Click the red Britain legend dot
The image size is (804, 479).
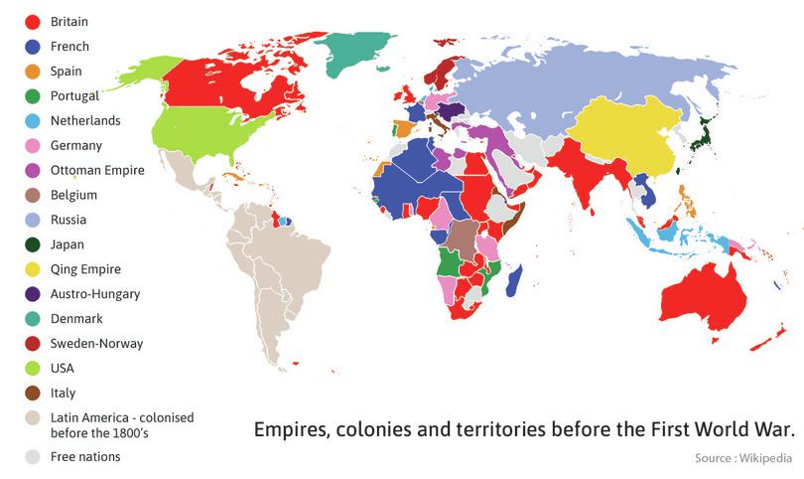pyautogui.click(x=33, y=21)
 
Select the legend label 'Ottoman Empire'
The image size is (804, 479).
pyautogui.click(x=97, y=170)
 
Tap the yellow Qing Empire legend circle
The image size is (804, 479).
pyautogui.click(x=33, y=269)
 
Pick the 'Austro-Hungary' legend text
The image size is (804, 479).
pyautogui.click(x=95, y=294)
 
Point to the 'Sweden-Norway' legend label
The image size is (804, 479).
pyautogui.click(x=96, y=344)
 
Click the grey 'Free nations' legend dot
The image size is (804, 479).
pyautogui.click(x=33, y=457)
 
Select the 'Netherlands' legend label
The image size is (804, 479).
pyautogui.click(x=84, y=120)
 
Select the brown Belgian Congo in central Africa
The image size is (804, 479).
pyautogui.click(x=462, y=238)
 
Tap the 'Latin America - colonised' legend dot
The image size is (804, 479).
pyautogui.click(x=33, y=416)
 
